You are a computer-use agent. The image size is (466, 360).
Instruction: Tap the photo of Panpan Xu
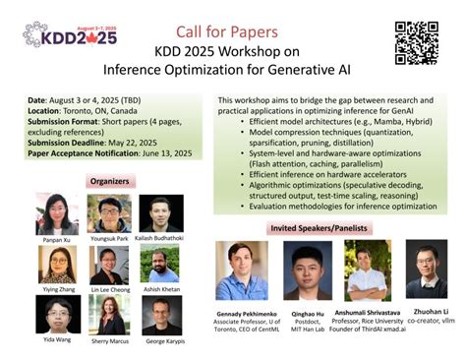pyautogui.click(x=57, y=213)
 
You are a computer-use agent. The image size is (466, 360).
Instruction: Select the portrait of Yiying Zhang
pyautogui.click(x=57, y=264)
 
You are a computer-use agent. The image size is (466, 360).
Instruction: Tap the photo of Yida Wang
pyautogui.click(x=57, y=314)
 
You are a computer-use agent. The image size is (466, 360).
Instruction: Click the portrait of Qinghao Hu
pyautogui.click(x=307, y=270)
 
